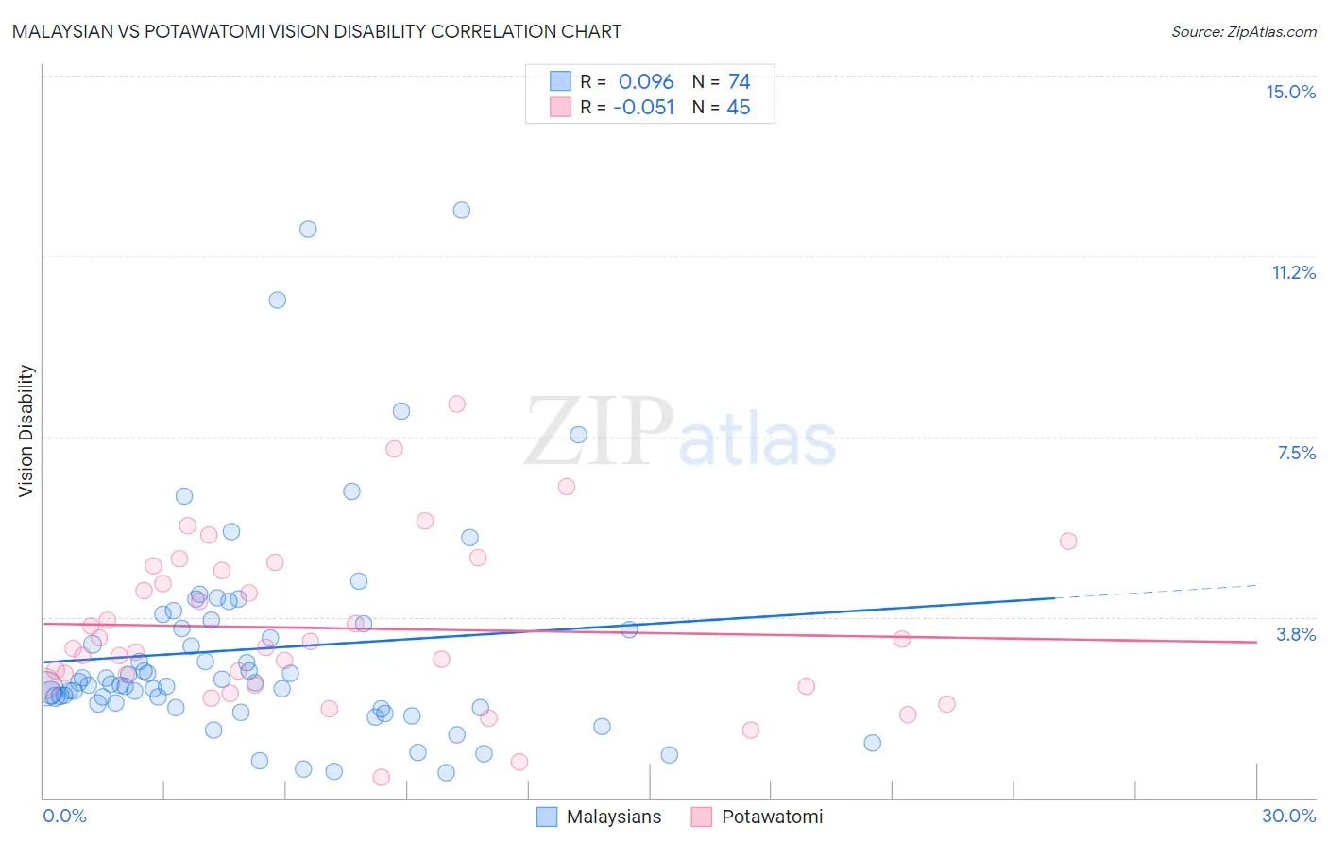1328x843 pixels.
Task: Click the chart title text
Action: tap(316, 31)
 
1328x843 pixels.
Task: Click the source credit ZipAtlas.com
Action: tap(1243, 31)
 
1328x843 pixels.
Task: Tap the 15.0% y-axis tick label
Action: tap(1290, 92)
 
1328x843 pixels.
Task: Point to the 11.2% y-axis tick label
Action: tap(1293, 272)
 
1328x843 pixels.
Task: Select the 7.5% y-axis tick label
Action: tap(1296, 453)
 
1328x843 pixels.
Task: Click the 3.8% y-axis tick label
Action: tap(1296, 634)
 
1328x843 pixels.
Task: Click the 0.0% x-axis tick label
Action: tap(64, 816)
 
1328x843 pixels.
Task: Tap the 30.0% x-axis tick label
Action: tap(1288, 816)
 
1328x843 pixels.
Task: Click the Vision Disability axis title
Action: tap(26, 430)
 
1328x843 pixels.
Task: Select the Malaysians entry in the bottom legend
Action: tap(613, 817)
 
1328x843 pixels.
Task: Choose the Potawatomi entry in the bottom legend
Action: tap(772, 817)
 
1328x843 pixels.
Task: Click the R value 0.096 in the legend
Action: tap(646, 81)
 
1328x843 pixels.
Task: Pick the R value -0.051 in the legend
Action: tap(643, 107)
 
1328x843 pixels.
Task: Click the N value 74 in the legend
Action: tap(739, 81)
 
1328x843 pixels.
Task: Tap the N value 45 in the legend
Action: tap(738, 107)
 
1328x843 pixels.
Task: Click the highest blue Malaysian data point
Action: tap(461, 210)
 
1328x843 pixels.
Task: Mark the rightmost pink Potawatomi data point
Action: tap(1068, 541)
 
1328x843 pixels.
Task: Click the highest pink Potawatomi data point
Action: tap(456, 404)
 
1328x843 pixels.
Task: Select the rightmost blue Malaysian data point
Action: tap(872, 743)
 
